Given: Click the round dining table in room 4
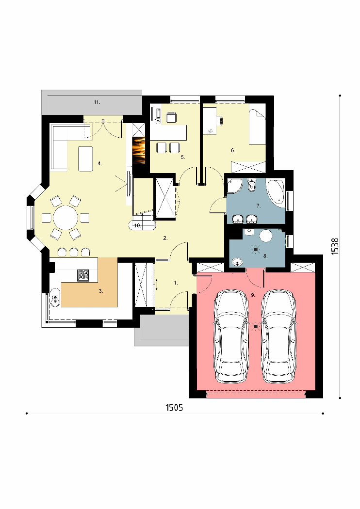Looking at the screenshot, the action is click(x=65, y=218).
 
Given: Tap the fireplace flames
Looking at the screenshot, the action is click(x=138, y=150).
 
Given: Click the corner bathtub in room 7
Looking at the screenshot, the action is click(x=276, y=191).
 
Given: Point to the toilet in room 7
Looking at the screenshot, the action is click(x=251, y=185).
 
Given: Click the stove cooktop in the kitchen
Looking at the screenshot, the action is click(x=83, y=275).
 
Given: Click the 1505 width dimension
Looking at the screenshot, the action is click(x=175, y=407).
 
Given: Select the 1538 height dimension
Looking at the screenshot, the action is click(x=335, y=246).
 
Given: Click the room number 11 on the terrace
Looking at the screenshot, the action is click(x=97, y=102).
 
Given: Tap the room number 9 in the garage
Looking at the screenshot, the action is click(x=253, y=295).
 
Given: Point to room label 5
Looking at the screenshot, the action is click(x=183, y=157).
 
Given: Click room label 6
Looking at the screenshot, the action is click(x=233, y=150).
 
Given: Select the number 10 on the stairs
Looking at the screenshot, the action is click(x=137, y=225).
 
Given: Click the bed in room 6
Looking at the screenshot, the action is click(x=257, y=127).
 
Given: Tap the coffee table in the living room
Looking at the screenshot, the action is click(x=85, y=159).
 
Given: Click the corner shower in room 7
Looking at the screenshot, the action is click(x=234, y=185).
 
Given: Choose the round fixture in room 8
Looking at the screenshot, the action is click(x=266, y=236).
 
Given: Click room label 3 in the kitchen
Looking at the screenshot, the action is click(x=101, y=291).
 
